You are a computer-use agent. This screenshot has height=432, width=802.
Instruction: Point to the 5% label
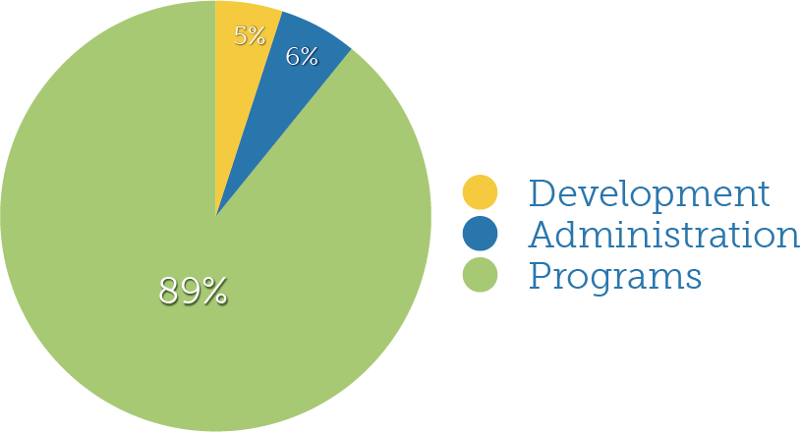point(251,36)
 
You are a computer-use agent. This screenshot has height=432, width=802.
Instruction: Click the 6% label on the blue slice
point(302,57)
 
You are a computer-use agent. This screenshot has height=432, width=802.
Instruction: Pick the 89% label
point(194,291)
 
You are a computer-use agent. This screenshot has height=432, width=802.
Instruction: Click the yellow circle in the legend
point(481,192)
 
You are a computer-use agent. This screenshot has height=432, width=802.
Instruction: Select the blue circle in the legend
point(481,235)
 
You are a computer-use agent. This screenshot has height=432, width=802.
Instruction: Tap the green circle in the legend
point(481,276)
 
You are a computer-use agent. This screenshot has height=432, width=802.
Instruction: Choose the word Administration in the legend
point(663,236)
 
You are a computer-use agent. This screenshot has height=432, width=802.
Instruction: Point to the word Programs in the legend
point(615,277)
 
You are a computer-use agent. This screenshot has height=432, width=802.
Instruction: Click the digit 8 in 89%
point(169,291)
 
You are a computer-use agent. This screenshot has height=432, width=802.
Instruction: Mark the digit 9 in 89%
point(191,291)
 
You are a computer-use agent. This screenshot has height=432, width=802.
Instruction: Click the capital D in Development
point(542,193)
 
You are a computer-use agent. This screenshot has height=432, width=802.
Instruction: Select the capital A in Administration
point(543,236)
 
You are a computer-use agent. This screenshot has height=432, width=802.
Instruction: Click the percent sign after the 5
point(258,36)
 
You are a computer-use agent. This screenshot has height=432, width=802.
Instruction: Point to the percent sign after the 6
point(309,57)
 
